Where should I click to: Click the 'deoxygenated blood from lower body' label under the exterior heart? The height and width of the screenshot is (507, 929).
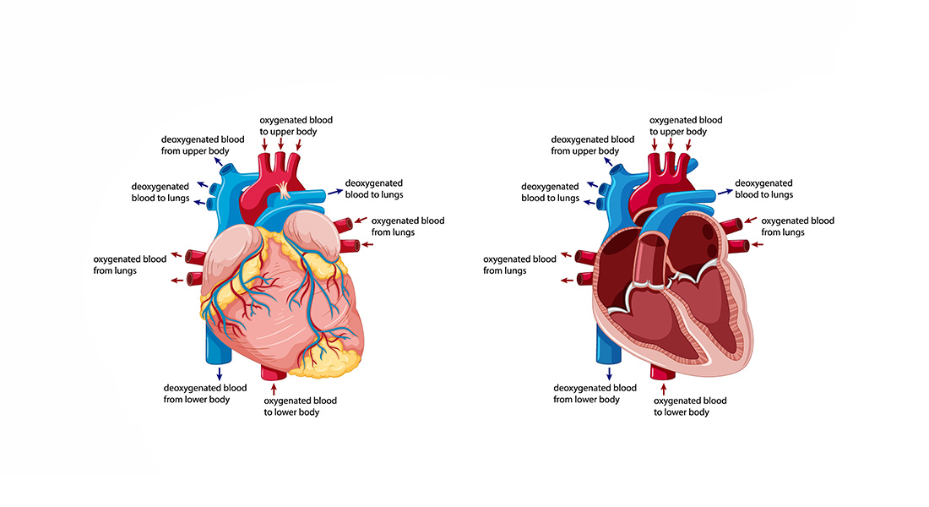[204, 393]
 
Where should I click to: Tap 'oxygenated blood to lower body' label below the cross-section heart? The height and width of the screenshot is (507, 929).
[690, 406]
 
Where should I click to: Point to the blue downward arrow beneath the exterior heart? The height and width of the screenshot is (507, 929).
[220, 372]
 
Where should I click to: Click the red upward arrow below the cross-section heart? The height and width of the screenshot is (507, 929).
[663, 390]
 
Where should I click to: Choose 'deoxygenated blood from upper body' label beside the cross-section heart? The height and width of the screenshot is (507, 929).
[592, 145]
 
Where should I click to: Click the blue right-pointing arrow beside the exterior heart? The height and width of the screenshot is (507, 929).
[331, 192]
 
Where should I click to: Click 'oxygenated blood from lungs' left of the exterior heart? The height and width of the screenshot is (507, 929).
[129, 264]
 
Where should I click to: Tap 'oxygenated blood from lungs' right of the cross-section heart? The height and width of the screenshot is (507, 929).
[797, 226]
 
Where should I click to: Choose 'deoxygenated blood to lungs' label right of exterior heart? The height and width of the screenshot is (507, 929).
[374, 188]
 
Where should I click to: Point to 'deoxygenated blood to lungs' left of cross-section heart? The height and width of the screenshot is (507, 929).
[551, 192]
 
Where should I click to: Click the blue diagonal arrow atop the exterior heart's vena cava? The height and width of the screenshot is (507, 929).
[220, 159]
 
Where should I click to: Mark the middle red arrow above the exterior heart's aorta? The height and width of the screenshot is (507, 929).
[280, 144]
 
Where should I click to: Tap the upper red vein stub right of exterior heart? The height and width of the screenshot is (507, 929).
[345, 225]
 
